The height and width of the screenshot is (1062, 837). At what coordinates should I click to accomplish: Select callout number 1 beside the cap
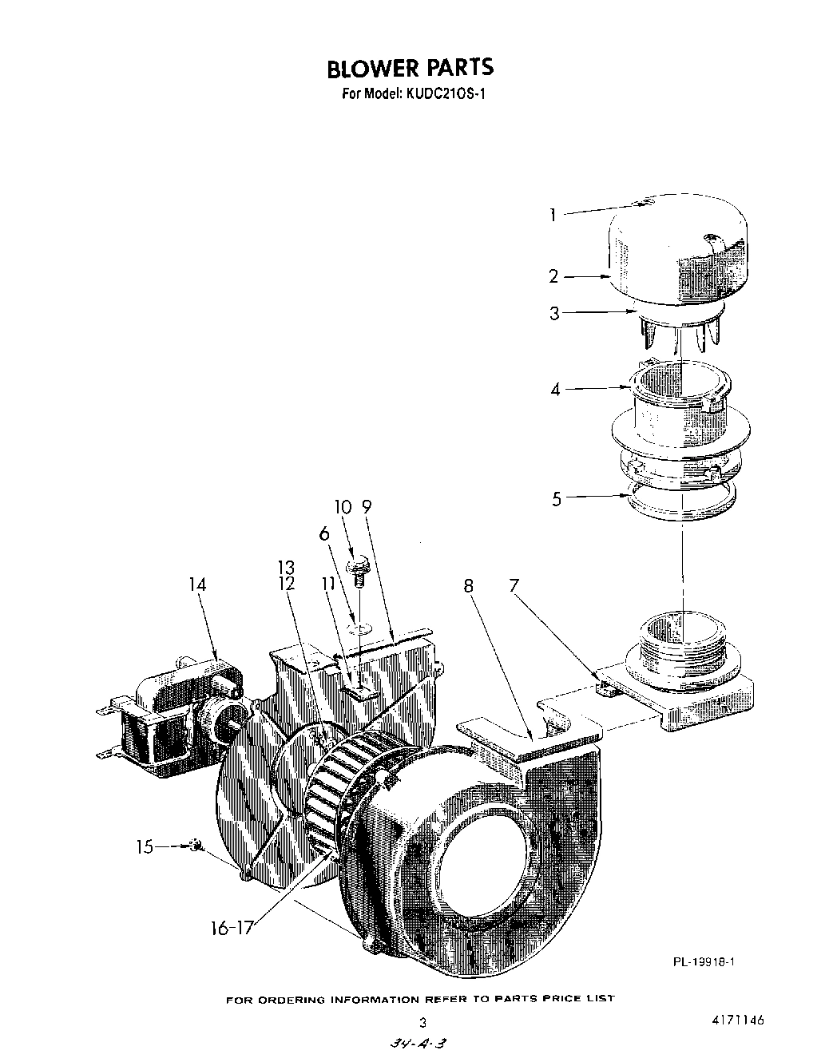coord(552,214)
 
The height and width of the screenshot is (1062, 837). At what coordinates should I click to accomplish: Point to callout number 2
coord(553,276)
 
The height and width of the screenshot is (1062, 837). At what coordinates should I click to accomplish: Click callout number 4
coord(554,390)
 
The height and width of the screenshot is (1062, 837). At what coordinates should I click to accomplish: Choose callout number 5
coord(557,499)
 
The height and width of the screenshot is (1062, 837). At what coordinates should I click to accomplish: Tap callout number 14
coord(197,584)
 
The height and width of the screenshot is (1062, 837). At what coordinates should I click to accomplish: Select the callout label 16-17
coord(231,928)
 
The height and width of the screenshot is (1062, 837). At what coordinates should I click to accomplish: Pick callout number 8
coord(468,585)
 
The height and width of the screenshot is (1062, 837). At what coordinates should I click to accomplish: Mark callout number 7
coord(514,585)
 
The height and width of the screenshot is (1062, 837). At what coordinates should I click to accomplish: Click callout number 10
coord(342,507)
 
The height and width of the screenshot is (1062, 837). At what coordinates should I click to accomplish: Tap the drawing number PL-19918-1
coord(704,961)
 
